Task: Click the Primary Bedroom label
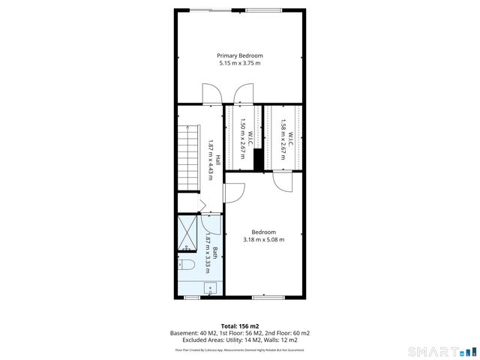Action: pyautogui.click(x=240, y=55)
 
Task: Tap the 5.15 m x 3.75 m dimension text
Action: pyautogui.click(x=240, y=63)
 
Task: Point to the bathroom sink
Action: pyautogui.click(x=211, y=287)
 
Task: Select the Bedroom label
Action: pyautogui.click(x=263, y=232)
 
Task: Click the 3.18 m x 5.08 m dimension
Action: pyautogui.click(x=263, y=240)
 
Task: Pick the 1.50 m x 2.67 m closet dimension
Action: pyautogui.click(x=242, y=138)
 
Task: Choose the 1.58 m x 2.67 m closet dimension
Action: pyautogui.click(x=283, y=138)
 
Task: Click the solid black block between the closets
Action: pyautogui.click(x=256, y=160)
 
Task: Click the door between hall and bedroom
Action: pyautogui.click(x=232, y=193)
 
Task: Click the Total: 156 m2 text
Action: pyautogui.click(x=240, y=326)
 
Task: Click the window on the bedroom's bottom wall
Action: pyautogui.click(x=268, y=297)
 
